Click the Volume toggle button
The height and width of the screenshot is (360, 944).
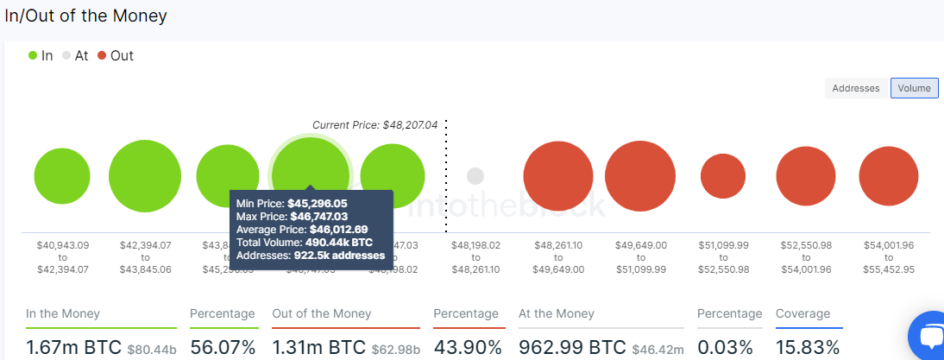tap(914, 88)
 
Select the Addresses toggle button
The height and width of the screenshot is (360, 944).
tap(856, 88)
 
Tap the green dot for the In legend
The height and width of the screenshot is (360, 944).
tap(33, 56)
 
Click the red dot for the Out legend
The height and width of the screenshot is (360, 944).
tap(102, 56)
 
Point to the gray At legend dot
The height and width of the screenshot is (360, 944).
tap(66, 56)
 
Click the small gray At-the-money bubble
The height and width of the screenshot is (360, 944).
tap(475, 176)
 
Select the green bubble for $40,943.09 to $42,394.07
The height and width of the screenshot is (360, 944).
tap(62, 176)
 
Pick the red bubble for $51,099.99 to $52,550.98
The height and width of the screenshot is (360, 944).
tap(723, 176)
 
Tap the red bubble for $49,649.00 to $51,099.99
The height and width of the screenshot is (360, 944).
tap(641, 176)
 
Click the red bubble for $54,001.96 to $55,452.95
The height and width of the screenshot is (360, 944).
tap(889, 176)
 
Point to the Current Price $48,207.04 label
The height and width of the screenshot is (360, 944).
tap(374, 125)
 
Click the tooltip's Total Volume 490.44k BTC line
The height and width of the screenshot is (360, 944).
tap(305, 243)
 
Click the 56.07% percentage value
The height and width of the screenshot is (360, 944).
tap(223, 348)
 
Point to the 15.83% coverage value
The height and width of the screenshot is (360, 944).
tap(807, 348)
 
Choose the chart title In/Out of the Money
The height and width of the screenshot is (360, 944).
tap(86, 16)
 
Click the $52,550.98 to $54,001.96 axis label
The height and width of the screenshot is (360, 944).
tap(806, 257)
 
